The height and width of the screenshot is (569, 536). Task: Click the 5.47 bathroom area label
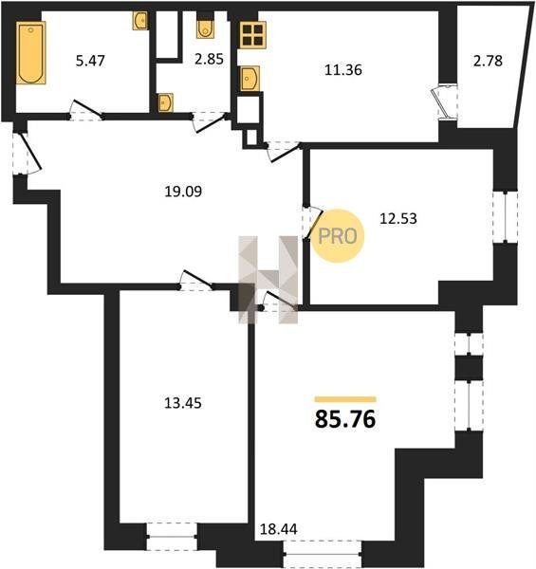pyautogui.click(x=90, y=61)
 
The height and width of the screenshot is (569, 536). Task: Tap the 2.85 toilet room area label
pyautogui.click(x=209, y=59)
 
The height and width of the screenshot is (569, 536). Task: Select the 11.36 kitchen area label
pyautogui.click(x=342, y=69)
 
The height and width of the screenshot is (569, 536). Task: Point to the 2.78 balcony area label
pyautogui.click(x=488, y=61)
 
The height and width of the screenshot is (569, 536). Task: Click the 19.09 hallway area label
pyautogui.click(x=183, y=192)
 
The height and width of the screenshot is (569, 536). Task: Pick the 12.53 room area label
pyautogui.click(x=398, y=219)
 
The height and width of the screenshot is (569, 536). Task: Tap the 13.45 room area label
pyautogui.click(x=183, y=403)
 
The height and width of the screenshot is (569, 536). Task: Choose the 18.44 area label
pyautogui.click(x=279, y=529)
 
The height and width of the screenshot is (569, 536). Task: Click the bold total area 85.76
pyautogui.click(x=345, y=419)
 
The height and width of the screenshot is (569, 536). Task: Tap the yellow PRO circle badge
pyautogui.click(x=338, y=236)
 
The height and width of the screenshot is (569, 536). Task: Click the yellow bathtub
pyautogui.click(x=31, y=52)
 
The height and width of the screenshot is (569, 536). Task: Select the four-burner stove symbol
pyautogui.click(x=252, y=35)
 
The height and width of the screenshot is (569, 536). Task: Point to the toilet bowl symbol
pyautogui.click(x=205, y=29)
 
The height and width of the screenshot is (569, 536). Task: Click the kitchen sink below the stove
pyautogui.click(x=250, y=78)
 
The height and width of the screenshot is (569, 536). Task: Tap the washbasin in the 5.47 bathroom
pyautogui.click(x=140, y=21)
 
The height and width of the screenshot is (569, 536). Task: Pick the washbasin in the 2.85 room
pyautogui.click(x=165, y=102)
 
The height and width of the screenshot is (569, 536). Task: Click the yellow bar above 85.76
pyautogui.click(x=345, y=399)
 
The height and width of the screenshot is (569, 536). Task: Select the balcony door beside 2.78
pyautogui.click(x=446, y=101)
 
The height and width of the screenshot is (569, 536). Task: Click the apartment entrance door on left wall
pyautogui.click(x=27, y=154)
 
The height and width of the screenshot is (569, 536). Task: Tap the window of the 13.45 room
pyautogui.click(x=172, y=537)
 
